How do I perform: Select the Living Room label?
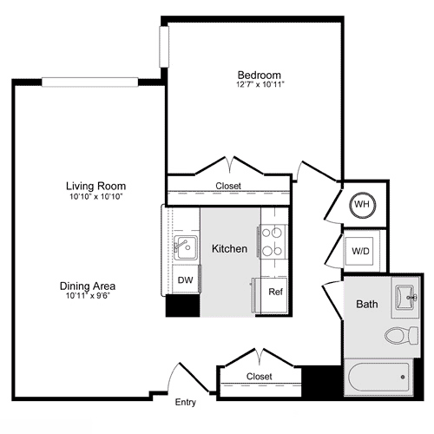95,186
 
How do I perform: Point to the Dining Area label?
88,286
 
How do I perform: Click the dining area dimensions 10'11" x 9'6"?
88,296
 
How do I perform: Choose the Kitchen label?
229,249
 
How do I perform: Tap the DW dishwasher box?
185,280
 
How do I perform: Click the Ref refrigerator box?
274,292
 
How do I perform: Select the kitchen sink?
183,247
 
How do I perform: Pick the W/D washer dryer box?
360,251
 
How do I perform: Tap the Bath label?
366,305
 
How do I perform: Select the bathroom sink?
405,298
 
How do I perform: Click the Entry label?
186,403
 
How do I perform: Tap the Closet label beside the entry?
259,377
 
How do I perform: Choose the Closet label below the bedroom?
229,187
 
